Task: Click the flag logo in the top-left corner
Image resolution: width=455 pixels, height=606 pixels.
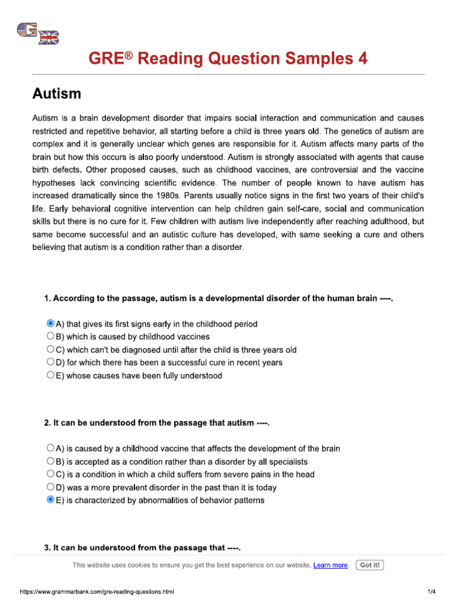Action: [x=38, y=34]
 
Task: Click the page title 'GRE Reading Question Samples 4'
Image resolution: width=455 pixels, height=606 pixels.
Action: [x=227, y=59]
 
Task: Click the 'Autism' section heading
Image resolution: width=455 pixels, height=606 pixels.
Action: [x=56, y=94]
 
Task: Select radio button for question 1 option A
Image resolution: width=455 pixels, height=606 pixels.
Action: [x=50, y=324]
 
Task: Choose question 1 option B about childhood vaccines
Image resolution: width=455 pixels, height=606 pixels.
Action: [x=50, y=337]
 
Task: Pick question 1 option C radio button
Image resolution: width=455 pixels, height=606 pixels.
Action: [x=50, y=349]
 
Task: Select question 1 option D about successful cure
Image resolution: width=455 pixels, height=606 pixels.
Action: [x=50, y=362]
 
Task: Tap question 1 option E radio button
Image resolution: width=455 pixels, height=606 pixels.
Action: [x=50, y=375]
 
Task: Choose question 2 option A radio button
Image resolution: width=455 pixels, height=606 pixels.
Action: [x=50, y=448]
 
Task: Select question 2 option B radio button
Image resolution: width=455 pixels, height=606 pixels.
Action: [x=50, y=461]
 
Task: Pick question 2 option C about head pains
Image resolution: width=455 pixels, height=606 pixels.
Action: [x=50, y=474]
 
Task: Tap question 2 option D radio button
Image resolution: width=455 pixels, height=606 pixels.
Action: [x=50, y=487]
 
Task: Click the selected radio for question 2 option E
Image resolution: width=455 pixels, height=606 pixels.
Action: [x=50, y=500]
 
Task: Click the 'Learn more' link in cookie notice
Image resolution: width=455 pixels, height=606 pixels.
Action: [x=330, y=565]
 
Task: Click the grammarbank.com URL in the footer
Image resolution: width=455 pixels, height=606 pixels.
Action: [x=97, y=592]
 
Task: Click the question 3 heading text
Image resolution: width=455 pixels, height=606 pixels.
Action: [x=142, y=548]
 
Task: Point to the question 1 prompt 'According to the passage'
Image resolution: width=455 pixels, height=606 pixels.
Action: [x=219, y=298]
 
